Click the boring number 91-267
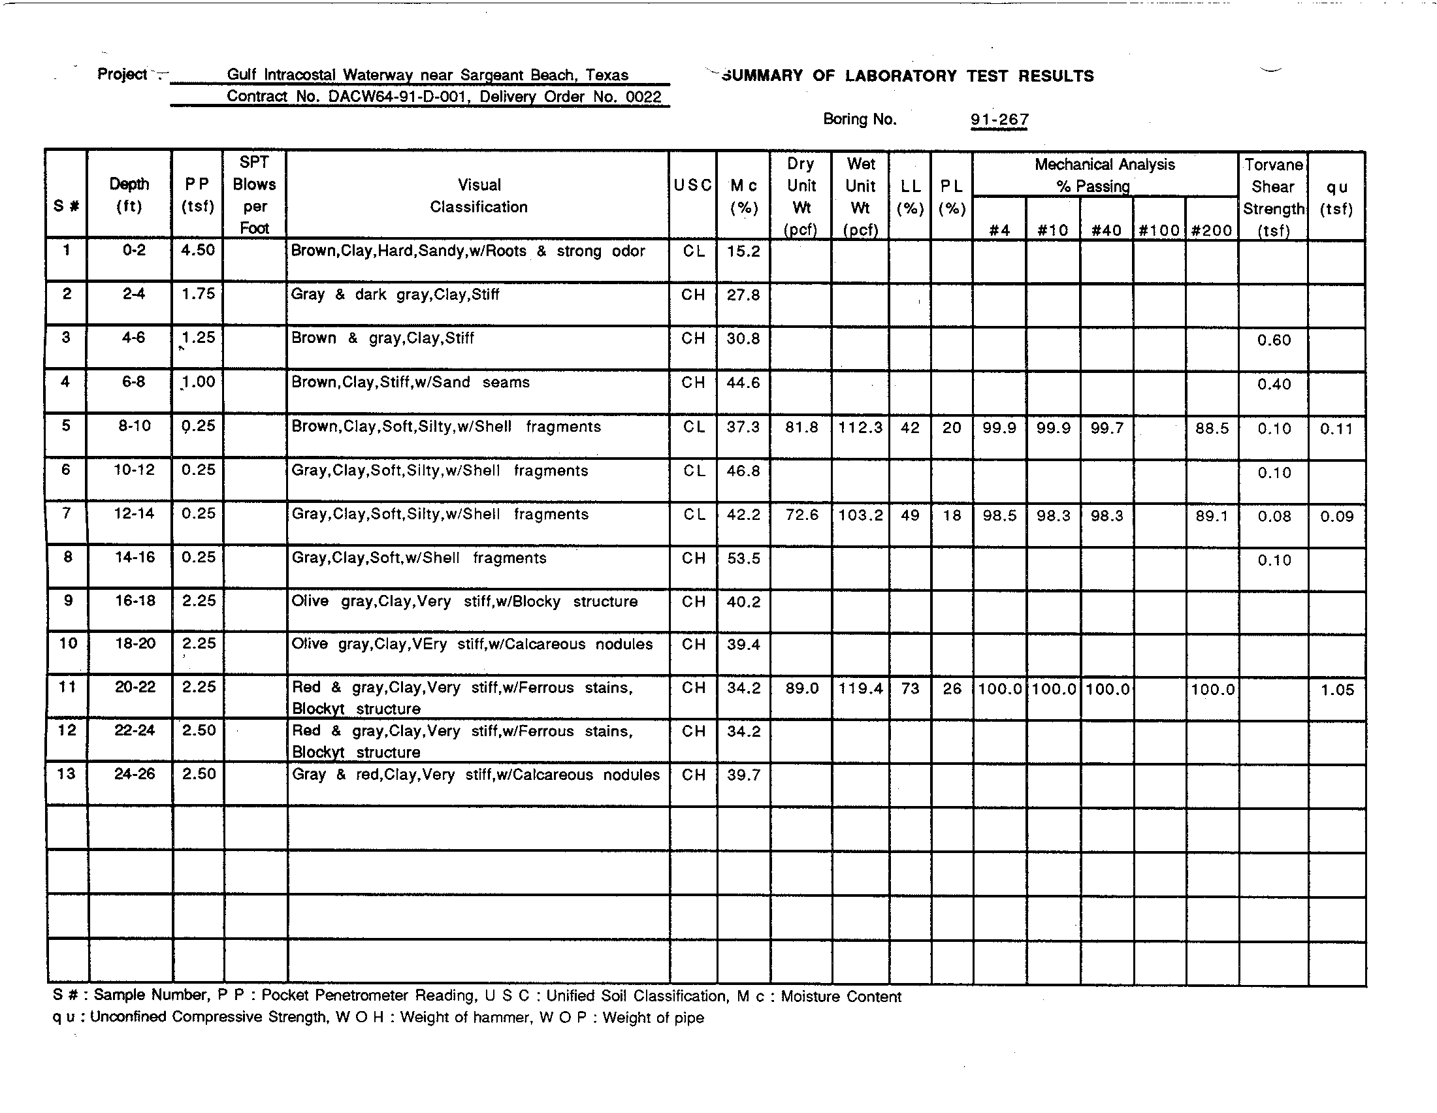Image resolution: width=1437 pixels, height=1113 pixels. point(999,120)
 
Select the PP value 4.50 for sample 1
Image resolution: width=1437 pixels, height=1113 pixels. point(198,251)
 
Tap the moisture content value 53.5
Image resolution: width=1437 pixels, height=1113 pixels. point(743,558)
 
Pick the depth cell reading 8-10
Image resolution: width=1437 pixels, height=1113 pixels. point(134,426)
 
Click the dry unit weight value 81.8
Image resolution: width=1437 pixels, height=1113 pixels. point(801,428)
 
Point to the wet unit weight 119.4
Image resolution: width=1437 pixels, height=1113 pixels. point(861,688)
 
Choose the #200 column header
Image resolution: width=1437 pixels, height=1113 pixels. point(1211,230)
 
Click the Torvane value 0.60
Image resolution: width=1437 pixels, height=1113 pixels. point(1274,340)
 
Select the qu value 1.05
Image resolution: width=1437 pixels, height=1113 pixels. point(1337,690)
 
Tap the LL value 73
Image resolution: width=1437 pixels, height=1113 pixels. point(910,688)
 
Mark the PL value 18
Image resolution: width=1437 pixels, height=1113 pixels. point(952,516)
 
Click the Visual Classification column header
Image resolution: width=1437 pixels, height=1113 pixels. point(479,196)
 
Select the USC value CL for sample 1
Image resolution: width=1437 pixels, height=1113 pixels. point(694,251)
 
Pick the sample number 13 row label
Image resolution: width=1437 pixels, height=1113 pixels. point(67,773)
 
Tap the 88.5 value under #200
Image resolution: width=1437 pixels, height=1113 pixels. point(1212,428)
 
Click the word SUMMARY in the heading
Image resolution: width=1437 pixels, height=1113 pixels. point(762,76)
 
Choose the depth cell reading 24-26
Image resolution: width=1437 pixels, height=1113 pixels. point(134,774)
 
